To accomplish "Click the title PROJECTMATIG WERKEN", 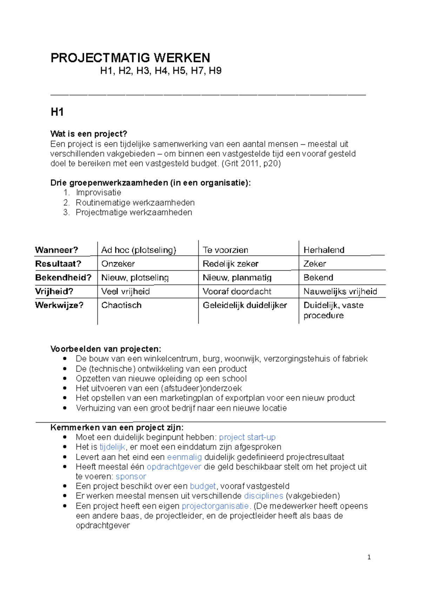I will pyautogui.click(x=130, y=58).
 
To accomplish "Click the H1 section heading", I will pyautogui.click(x=57, y=112).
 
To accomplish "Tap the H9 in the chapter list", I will pyautogui.click(x=215, y=71).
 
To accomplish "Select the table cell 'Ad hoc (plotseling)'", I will pyautogui.click(x=139, y=250).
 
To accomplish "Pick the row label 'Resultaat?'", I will pyautogui.click(x=58, y=264).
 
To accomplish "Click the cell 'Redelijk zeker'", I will pyautogui.click(x=230, y=264).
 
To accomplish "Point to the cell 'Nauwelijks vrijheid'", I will pyautogui.click(x=340, y=291).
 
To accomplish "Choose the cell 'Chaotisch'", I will pyautogui.click(x=121, y=305).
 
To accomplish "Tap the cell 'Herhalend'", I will pyautogui.click(x=324, y=250).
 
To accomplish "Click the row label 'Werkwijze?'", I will pyautogui.click(x=59, y=305).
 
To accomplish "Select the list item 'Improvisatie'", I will pyautogui.click(x=99, y=193).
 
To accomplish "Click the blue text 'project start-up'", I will pyautogui.click(x=247, y=437).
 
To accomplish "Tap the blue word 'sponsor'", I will pyautogui.click(x=131, y=477).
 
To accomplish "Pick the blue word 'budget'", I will pyautogui.click(x=203, y=486).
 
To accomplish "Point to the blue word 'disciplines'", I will pyautogui.click(x=263, y=496).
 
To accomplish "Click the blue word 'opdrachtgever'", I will pyautogui.click(x=174, y=467).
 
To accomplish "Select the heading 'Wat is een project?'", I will pyautogui.click(x=89, y=134).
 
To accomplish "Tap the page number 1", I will pyautogui.click(x=369, y=557).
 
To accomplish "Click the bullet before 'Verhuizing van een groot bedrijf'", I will pyautogui.click(x=65, y=408).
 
